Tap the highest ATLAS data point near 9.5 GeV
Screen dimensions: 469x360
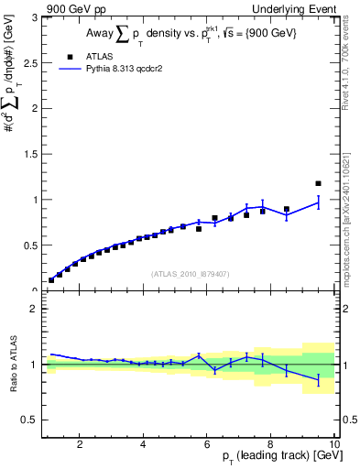tap(318, 183)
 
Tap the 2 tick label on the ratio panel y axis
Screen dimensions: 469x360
tap(33, 309)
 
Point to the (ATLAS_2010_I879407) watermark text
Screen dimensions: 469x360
tap(190, 273)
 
